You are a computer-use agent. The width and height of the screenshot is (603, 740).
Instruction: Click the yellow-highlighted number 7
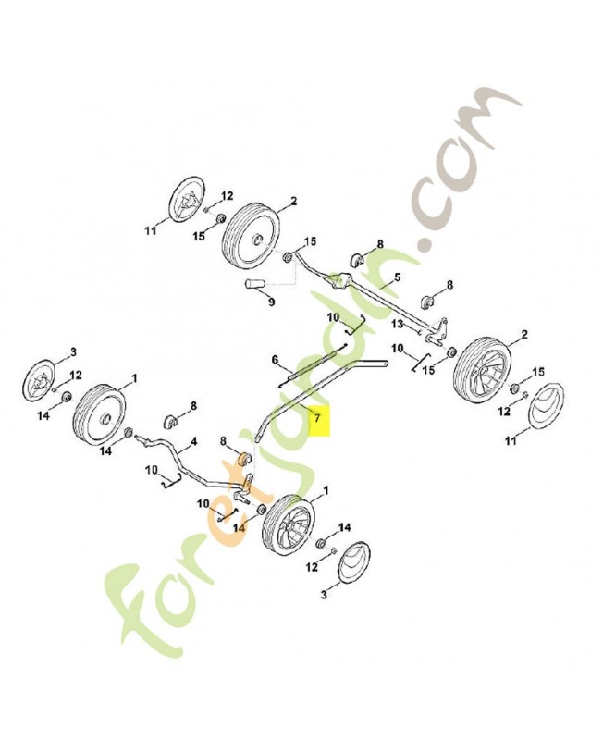coord(317,418)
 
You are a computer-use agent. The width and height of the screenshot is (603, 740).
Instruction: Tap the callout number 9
coord(271,302)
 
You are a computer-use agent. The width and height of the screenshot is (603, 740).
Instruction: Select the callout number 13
coord(398,325)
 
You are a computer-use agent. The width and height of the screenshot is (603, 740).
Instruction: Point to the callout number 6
coord(276,360)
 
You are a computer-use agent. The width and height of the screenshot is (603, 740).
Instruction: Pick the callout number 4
coord(194,442)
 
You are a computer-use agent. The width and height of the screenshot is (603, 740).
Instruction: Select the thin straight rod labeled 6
coord(314,365)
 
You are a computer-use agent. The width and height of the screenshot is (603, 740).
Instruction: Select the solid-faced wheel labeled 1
coord(101,414)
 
